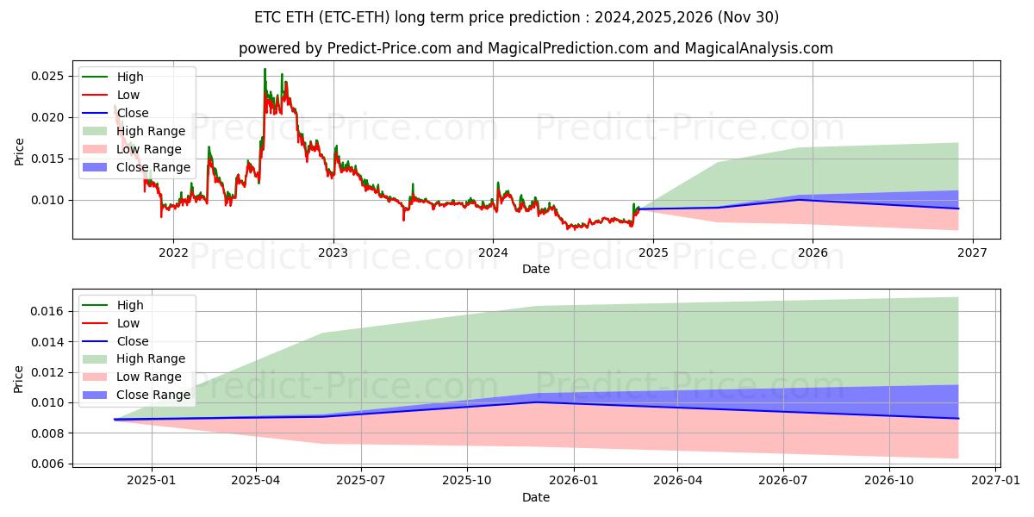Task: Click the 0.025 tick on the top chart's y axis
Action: (48, 76)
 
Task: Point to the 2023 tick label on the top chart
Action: (333, 252)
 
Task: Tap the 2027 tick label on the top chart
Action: (972, 252)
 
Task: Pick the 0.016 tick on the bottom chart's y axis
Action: (48, 311)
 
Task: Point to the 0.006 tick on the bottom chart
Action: (48, 464)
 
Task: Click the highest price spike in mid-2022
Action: (265, 69)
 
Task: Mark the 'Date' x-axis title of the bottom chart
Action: (535, 497)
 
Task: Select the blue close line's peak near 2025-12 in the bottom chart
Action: (536, 402)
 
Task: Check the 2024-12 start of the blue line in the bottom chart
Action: (115, 420)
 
